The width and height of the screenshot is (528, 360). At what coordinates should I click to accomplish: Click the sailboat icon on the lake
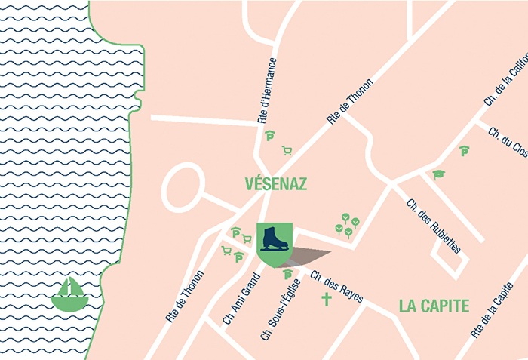pos(69,293)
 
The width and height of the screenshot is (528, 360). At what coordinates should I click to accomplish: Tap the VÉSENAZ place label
pos(276,183)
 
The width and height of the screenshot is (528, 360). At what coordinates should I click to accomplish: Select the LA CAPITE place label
pos(434,306)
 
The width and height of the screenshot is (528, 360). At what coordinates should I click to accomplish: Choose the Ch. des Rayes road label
pos(336,286)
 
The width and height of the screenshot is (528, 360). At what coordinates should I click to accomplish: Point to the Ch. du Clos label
pos(508,141)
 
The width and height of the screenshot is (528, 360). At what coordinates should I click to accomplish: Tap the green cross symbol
pos(327,300)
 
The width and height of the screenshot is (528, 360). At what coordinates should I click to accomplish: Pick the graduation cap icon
pos(438,174)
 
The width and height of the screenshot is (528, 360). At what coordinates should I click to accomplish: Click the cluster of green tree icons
pos(347,226)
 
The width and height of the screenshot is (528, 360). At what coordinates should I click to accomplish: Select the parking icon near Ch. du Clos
pos(464,151)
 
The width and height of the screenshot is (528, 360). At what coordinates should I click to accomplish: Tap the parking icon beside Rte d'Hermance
pos(271,136)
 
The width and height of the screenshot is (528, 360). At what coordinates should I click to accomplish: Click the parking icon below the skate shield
pos(287,275)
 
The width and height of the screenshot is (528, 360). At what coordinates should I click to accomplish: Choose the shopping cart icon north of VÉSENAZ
pos(287,150)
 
